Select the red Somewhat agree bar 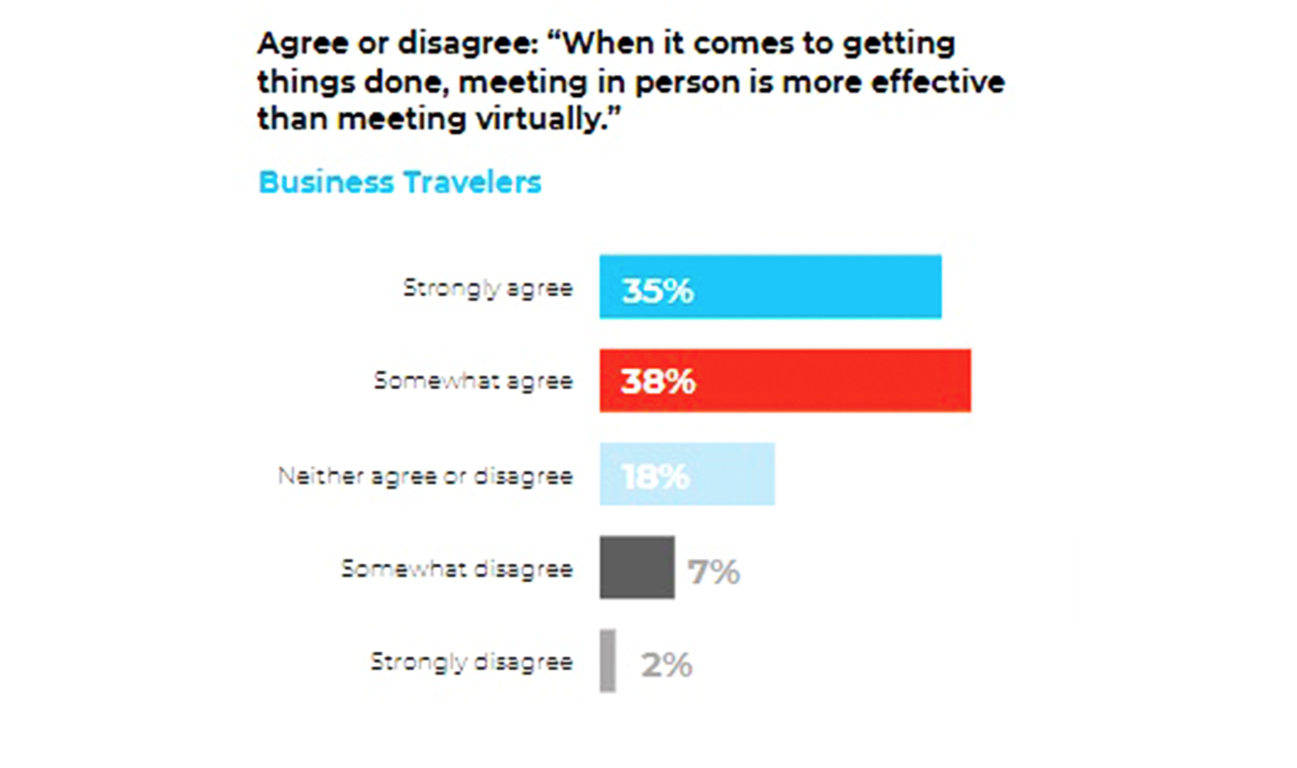[x=830, y=380]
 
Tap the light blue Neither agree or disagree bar [x=727, y=474]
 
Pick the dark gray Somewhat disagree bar [x=637, y=567]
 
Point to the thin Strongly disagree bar [x=608, y=661]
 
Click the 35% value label [x=658, y=291]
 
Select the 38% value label [x=658, y=382]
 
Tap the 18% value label [x=656, y=476]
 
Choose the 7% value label [x=714, y=572]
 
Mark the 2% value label [x=666, y=665]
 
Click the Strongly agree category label [x=488, y=288]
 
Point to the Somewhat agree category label [x=473, y=381]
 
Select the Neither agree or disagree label [x=426, y=476]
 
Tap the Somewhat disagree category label [x=457, y=569]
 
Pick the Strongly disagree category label [x=471, y=662]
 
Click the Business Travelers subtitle [x=400, y=182]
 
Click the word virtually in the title [x=548, y=119]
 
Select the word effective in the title [x=938, y=82]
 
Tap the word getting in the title [x=899, y=44]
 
